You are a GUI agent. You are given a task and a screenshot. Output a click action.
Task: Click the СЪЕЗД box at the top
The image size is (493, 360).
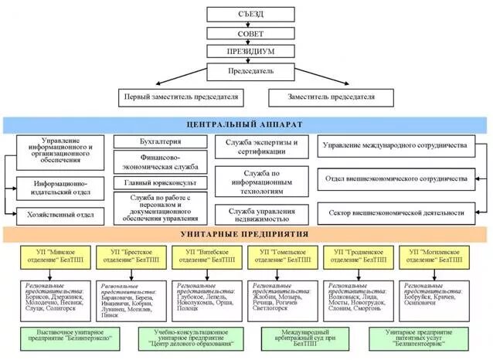[250, 15]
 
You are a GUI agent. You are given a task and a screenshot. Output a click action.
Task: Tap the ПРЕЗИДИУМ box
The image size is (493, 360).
[250, 52]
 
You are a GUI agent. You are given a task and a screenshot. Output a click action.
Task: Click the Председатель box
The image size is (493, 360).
[250, 71]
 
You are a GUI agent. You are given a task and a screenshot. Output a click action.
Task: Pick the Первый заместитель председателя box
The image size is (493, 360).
[182, 97]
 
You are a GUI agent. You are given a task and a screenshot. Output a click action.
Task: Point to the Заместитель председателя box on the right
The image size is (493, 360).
[331, 97]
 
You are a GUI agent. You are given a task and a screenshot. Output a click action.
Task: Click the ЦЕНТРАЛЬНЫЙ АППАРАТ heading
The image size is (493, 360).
[245, 124]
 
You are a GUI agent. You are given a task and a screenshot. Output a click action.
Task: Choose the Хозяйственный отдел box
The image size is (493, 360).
[60, 214]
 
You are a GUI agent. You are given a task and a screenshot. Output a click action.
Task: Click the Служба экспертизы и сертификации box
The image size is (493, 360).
[261, 147]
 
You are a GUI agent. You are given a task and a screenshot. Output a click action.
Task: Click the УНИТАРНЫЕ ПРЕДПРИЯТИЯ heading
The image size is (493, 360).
[245, 234]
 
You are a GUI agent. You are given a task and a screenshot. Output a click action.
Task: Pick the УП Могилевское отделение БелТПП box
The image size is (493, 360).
[433, 256]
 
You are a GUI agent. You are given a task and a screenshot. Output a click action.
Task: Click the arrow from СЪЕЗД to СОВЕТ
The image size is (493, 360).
[250, 24]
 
